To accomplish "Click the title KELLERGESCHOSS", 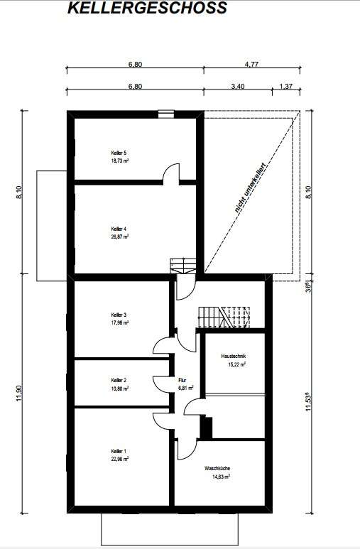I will click(147, 9).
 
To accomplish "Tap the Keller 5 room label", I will click(119, 153).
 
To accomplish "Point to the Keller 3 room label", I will click(119, 314).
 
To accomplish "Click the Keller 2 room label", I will click(119, 380).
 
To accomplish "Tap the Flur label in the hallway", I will click(182, 380).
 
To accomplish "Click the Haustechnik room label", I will click(233, 356).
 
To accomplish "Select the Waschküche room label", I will click(217, 468).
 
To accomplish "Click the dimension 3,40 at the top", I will click(238, 86).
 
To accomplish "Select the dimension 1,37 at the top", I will click(286, 86).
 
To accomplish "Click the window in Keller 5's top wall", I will click(165, 112).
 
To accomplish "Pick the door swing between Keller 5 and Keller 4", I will click(170, 174).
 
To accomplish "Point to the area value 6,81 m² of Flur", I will click(186, 388).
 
